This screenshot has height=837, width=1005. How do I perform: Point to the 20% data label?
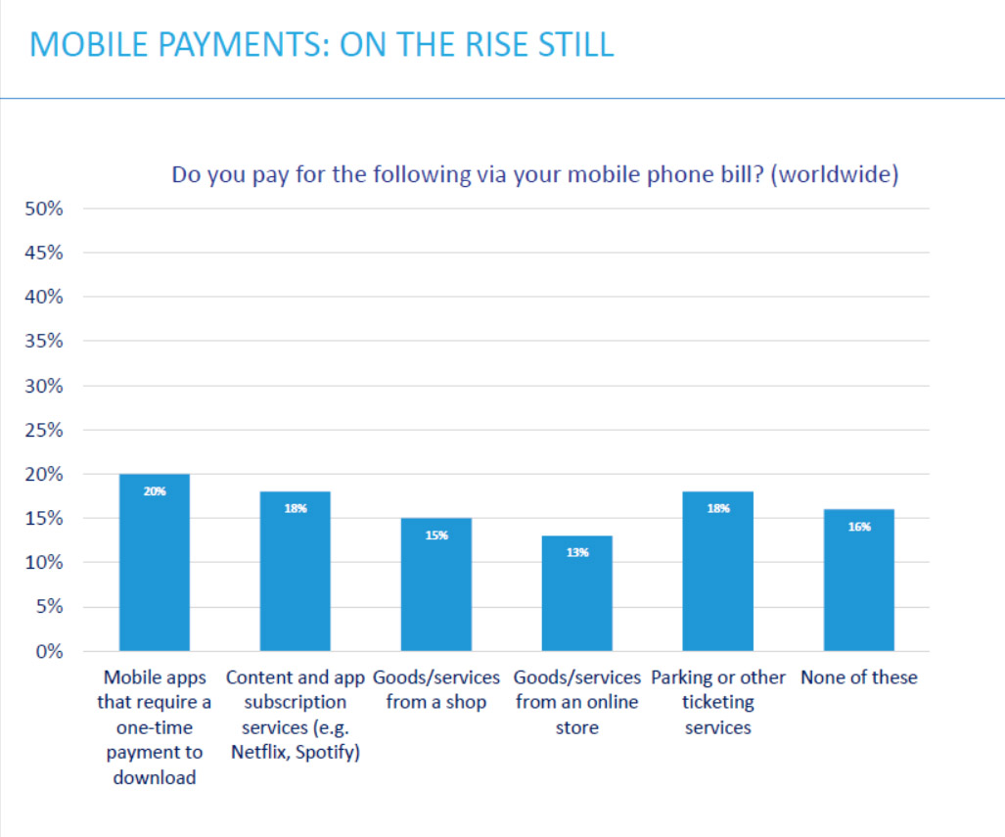point(155,491)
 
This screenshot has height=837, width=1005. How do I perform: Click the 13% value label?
point(577,553)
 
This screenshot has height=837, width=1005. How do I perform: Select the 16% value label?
point(858,527)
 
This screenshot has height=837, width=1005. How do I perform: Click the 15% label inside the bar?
point(436,535)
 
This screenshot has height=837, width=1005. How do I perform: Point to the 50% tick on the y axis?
point(44,209)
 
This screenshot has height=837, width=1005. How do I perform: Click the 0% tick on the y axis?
point(48,651)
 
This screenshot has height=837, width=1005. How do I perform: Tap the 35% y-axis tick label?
point(44,342)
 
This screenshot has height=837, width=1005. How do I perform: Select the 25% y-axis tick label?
point(44,430)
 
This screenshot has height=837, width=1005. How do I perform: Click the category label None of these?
point(858,677)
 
